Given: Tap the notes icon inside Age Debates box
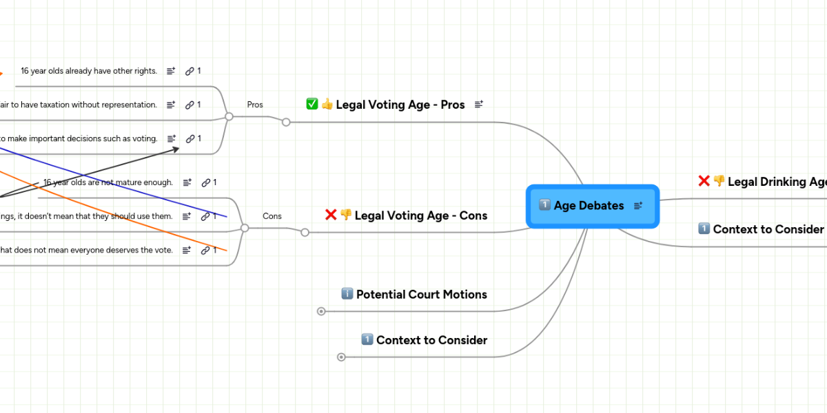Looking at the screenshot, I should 638,205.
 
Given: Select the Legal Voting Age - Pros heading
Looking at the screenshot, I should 400,105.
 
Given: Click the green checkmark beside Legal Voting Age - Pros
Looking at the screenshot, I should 312,104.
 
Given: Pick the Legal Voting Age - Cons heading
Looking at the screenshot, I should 420,215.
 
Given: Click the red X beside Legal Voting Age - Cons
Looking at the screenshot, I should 331,215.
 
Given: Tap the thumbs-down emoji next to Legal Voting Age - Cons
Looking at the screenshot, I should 346,215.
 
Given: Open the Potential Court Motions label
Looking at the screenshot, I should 421,294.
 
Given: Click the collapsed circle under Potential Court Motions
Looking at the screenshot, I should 321,311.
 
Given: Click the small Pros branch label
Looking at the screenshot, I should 255,105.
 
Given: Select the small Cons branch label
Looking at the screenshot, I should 272,216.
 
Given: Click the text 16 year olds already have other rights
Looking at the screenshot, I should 89,71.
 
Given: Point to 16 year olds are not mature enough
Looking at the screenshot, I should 108,182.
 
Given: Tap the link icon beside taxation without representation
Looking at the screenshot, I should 190,105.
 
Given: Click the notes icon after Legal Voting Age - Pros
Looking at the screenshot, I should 479,105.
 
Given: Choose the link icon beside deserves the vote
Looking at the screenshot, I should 205,251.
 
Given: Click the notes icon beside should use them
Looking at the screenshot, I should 187,216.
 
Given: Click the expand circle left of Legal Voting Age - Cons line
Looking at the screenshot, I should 305,233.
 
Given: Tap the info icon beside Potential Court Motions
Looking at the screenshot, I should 347,294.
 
